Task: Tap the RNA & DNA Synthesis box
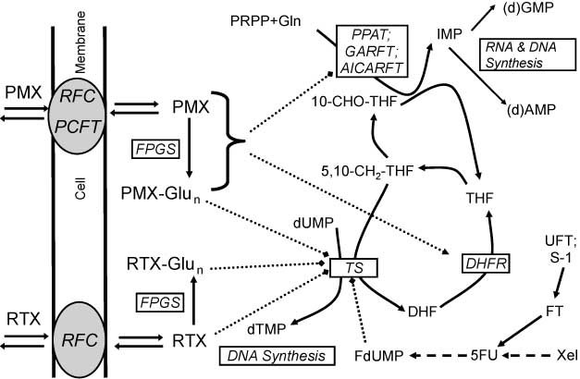511,55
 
